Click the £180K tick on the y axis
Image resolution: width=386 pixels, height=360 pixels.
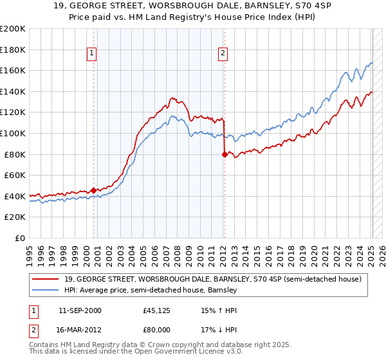13,50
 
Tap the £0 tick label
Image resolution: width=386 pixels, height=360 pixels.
20,238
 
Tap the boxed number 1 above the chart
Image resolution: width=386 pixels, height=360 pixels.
93,53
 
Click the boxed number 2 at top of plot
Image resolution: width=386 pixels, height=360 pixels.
223,53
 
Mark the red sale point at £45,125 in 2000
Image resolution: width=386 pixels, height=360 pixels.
94,190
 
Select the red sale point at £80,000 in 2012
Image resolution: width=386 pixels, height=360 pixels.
225,154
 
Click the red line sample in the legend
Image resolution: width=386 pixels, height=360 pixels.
46,279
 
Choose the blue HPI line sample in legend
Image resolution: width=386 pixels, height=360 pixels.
46,290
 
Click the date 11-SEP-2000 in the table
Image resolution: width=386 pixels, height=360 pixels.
80,310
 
